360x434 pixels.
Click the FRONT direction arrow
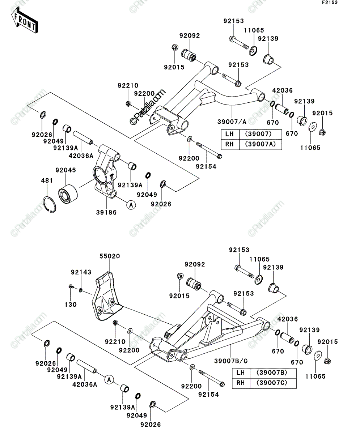coord(24,20)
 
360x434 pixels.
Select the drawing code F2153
coord(330,3)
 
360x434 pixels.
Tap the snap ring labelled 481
coord(50,205)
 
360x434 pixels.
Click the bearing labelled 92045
coord(68,193)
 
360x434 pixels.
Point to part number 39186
coord(106,212)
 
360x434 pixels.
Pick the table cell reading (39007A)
coord(261,144)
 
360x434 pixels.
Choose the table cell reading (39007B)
coord(272,373)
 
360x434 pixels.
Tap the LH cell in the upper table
coord(230,134)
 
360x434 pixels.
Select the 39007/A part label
coord(232,122)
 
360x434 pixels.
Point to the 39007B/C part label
coord(231,361)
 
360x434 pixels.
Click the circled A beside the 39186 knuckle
coord(131,205)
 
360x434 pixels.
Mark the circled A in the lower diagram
coord(109,380)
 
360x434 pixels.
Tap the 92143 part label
coord(81,272)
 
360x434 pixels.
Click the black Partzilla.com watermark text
coord(148,107)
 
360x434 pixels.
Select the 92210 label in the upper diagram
coord(128,85)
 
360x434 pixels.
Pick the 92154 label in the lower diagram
coord(209,395)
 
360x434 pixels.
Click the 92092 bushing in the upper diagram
coord(189,55)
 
